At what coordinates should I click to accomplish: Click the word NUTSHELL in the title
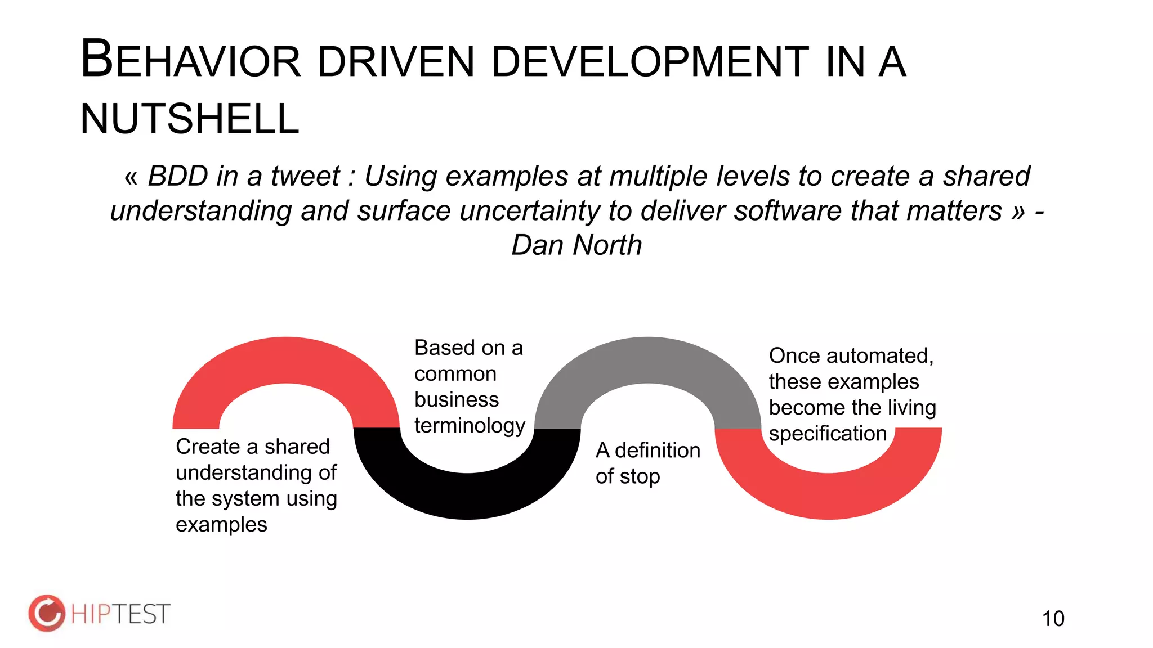point(190,119)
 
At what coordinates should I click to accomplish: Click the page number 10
point(1053,619)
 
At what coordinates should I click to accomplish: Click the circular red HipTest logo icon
point(47,613)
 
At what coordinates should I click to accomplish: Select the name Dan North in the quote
point(576,245)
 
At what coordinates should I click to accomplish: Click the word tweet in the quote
point(305,176)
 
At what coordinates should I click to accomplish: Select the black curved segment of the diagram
point(467,495)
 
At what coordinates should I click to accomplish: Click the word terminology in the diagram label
point(470,426)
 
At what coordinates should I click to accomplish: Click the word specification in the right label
point(828,434)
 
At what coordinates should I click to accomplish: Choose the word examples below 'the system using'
point(221,525)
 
